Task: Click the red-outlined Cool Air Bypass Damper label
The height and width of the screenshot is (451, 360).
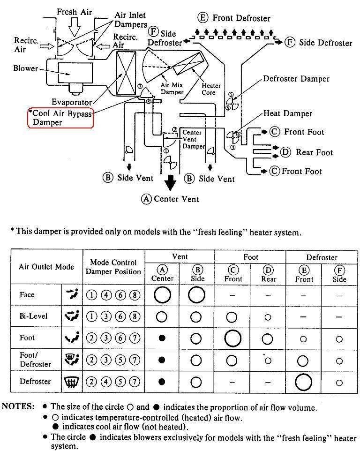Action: click(x=61, y=117)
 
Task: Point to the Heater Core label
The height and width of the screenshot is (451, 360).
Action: click(x=209, y=89)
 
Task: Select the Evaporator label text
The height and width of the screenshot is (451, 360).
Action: click(x=72, y=102)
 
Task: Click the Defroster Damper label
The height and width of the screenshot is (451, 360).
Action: click(x=296, y=79)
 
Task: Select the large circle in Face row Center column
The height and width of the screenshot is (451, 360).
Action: click(x=162, y=295)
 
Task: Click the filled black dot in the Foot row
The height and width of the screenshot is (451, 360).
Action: click(x=162, y=338)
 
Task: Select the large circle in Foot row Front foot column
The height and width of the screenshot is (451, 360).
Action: click(x=232, y=338)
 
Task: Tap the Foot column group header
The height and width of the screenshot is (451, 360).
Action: click(x=251, y=257)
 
